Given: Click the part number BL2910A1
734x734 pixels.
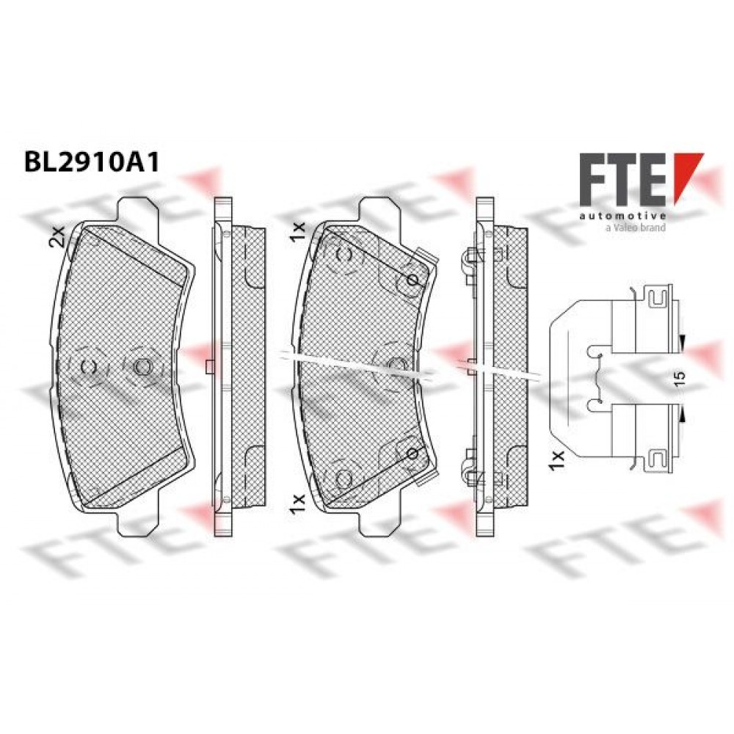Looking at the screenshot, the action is click(x=92, y=162).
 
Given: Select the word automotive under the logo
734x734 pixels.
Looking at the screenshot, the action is click(x=622, y=216).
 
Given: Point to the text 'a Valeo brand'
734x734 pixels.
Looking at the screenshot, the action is click(x=635, y=228).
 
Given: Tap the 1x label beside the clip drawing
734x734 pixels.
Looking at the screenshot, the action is click(x=558, y=459).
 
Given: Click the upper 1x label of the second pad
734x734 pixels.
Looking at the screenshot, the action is click(x=298, y=232).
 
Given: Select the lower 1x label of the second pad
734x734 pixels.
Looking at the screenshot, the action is click(x=298, y=505).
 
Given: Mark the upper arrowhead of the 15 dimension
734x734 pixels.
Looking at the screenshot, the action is click(x=682, y=343).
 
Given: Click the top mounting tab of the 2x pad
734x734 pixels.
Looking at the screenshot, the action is click(x=138, y=208).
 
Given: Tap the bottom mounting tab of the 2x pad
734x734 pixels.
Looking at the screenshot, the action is click(x=138, y=524).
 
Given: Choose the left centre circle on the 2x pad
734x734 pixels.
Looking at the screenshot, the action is click(x=89, y=366).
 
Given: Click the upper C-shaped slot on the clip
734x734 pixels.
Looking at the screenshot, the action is click(x=658, y=296).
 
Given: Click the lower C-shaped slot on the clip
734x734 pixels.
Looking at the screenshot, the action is click(x=658, y=459).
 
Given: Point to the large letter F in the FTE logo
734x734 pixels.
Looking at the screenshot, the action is click(x=592, y=179).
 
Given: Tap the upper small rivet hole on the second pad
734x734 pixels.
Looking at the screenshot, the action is click(x=413, y=280).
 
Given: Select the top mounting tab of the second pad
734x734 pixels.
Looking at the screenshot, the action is click(x=380, y=208).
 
